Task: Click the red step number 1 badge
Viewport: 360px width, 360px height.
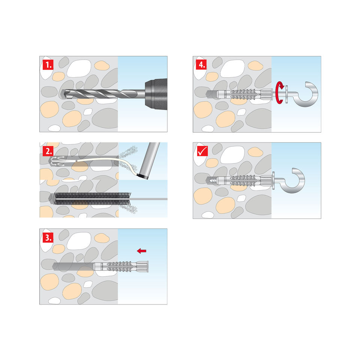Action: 48,65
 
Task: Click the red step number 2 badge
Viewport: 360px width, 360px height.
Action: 48,151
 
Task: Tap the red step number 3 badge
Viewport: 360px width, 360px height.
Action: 48,237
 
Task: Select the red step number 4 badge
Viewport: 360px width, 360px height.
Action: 201,65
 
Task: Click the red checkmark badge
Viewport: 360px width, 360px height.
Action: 202,151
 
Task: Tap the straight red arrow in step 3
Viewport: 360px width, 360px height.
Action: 141,251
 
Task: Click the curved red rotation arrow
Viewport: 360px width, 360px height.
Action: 280,93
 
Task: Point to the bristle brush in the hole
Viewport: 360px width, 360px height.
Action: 92,199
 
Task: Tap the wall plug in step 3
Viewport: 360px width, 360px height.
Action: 121,267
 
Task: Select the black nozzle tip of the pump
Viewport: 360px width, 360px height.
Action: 143,177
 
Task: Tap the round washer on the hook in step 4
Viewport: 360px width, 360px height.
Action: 287,94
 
